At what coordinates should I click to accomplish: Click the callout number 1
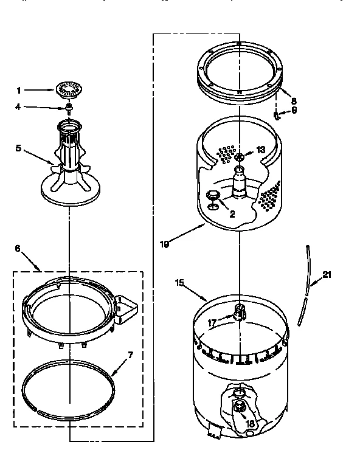19,91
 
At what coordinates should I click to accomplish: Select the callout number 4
19,108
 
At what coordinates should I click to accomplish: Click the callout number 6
17,248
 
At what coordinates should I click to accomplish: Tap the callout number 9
294,110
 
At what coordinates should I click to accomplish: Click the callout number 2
232,214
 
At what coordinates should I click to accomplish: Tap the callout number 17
212,322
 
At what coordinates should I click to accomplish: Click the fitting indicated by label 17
240,312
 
